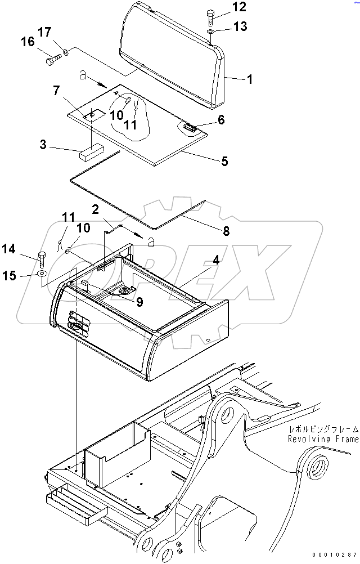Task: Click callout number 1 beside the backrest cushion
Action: pos(248,80)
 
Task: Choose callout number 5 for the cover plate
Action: pos(224,162)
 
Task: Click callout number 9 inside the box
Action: pos(139,302)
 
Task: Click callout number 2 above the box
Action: pos(96,210)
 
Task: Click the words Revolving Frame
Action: pos(322,438)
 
